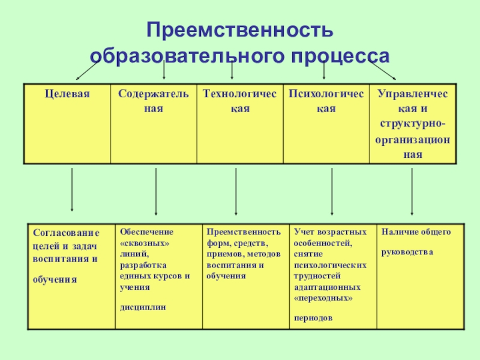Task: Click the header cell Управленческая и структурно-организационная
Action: click(x=413, y=124)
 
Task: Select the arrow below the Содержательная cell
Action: click(x=156, y=191)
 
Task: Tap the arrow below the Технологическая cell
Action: click(x=236, y=191)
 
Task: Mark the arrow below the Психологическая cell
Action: click(x=332, y=191)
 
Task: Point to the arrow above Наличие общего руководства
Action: click(x=412, y=191)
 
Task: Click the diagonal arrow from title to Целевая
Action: click(x=87, y=71)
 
